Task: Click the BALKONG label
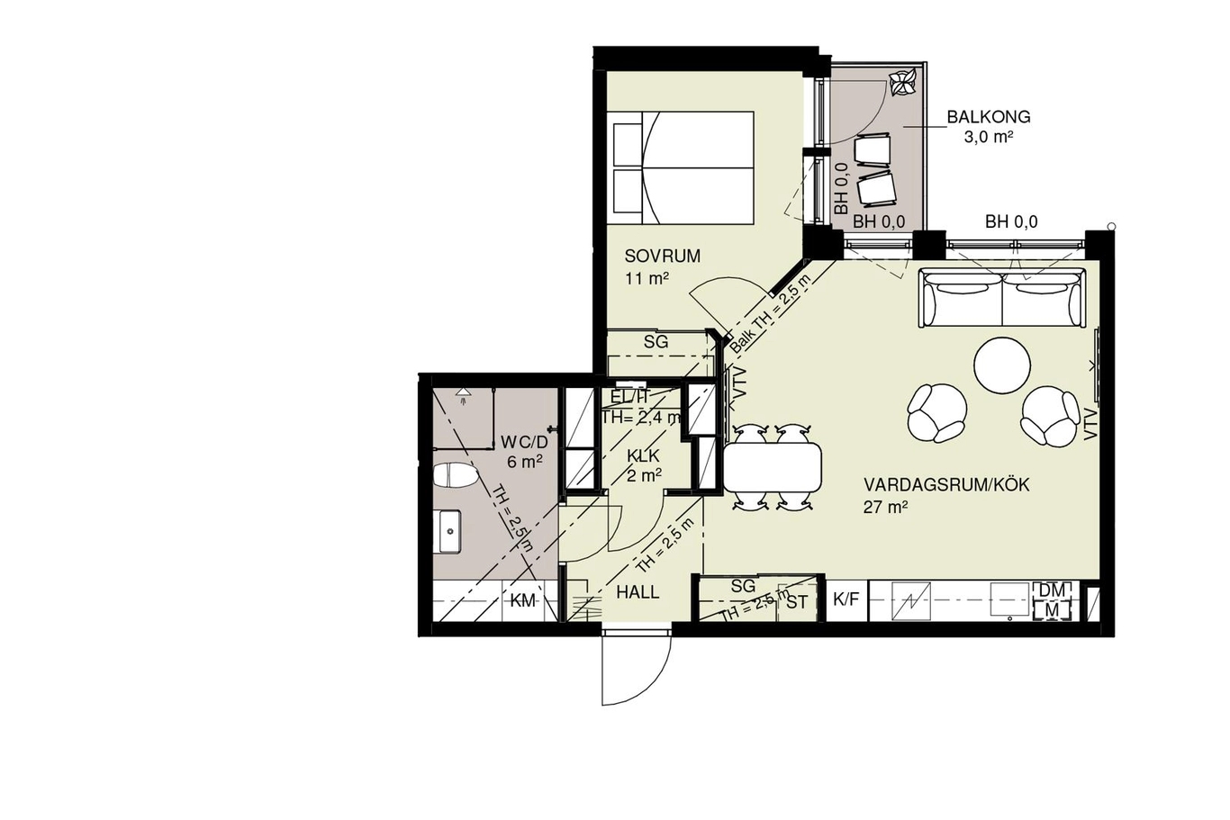[989, 117]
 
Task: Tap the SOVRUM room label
[662, 257]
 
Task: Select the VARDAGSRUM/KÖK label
[946, 485]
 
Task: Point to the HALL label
[638, 592]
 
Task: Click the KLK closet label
[643, 456]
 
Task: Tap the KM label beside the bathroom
[523, 601]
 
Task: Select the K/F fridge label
[846, 599]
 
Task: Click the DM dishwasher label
[1052, 590]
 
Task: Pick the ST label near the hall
[797, 603]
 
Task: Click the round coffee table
[1001, 365]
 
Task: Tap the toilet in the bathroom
[456, 474]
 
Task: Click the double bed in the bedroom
[681, 168]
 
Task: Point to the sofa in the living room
[1003, 297]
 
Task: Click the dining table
[773, 468]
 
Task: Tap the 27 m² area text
[885, 507]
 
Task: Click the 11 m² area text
[647, 279]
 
